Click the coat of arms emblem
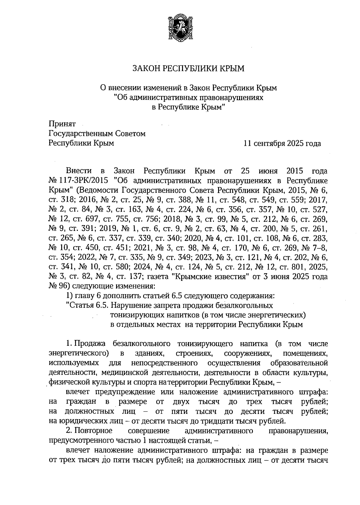(x=180, y=29)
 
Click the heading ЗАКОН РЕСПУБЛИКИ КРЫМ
(x=189, y=69)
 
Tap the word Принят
(x=62, y=124)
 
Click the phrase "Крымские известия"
(x=209, y=277)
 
